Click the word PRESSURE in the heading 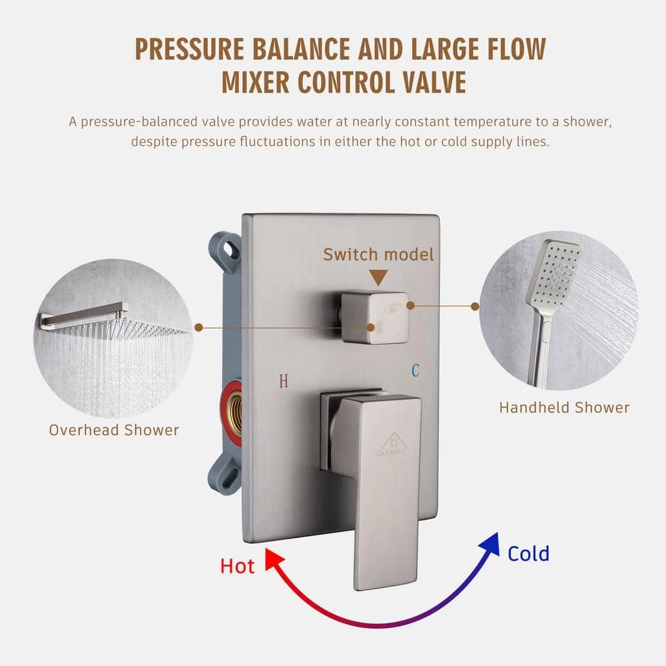click(189, 49)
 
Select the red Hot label click(237, 566)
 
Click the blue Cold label click(528, 553)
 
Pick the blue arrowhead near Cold click(491, 543)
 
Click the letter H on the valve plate click(284, 381)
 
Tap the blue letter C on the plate click(416, 370)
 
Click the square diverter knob click(374, 317)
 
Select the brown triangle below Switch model click(378, 277)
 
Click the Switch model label click(378, 254)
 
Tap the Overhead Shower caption click(114, 430)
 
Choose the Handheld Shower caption click(564, 408)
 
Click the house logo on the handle click(393, 444)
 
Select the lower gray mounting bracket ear click(226, 475)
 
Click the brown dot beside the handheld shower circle click(476, 306)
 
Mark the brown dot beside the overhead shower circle click(198, 328)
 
